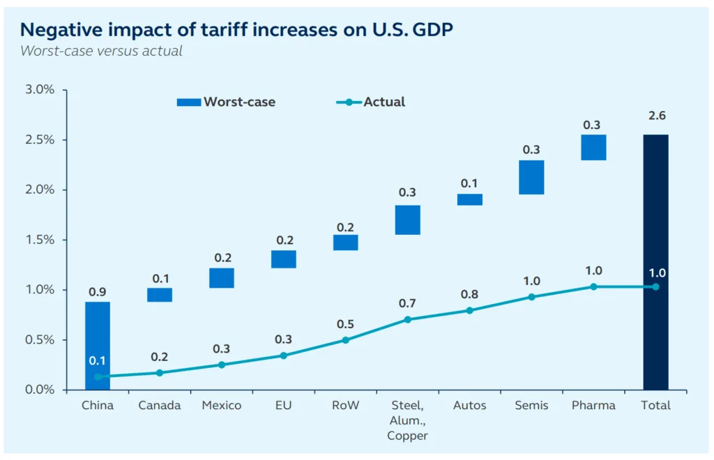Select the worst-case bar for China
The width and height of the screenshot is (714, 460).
click(x=98, y=335)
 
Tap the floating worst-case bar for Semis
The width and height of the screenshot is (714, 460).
click(x=531, y=177)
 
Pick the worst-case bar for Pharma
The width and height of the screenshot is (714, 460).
click(x=593, y=147)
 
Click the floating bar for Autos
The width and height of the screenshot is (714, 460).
click(x=469, y=199)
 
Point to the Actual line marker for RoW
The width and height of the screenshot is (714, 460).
click(x=345, y=340)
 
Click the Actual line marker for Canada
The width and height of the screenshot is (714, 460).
click(x=160, y=372)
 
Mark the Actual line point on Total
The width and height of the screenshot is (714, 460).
click(x=655, y=286)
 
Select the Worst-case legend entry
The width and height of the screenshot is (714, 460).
click(x=227, y=102)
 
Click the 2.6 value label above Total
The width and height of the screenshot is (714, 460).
click(x=655, y=116)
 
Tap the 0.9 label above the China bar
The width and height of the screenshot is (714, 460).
click(x=98, y=291)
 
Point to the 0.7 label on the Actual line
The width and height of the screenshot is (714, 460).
click(x=407, y=303)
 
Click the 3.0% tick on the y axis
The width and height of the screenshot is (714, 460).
click(x=40, y=90)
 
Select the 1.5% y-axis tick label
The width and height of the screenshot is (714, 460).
click(x=40, y=240)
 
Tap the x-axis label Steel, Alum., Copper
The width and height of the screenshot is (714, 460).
click(x=407, y=420)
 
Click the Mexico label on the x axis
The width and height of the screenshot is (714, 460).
click(x=222, y=405)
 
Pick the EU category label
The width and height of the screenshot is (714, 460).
click(x=283, y=405)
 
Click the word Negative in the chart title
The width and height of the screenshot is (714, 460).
click(x=58, y=29)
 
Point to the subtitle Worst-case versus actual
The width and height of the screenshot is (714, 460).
click(x=101, y=51)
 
